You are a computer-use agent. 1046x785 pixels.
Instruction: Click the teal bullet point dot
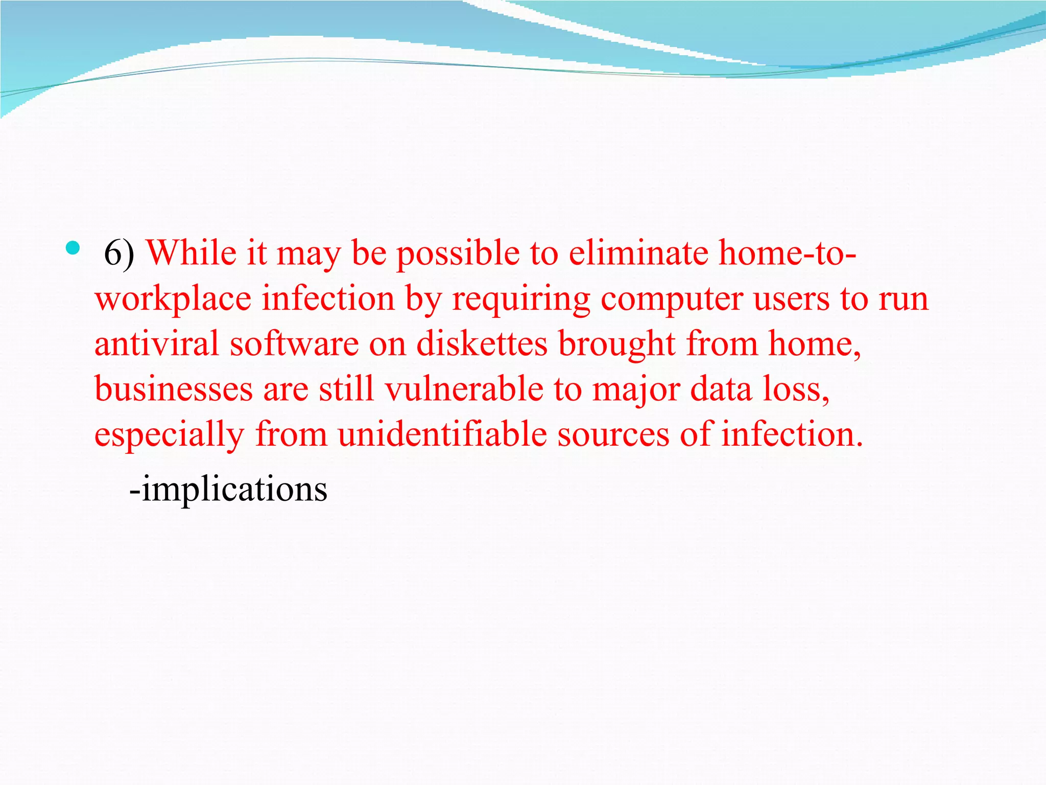click(73, 248)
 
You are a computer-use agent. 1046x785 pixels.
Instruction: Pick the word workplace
click(173, 299)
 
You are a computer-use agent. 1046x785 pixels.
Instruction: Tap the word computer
click(672, 299)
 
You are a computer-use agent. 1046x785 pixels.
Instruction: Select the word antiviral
click(156, 343)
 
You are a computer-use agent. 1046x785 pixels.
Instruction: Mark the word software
click(294, 343)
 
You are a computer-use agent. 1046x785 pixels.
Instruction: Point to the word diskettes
click(482, 343)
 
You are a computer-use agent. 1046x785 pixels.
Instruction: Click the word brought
click(617, 344)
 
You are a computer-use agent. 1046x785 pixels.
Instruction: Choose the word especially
click(169, 434)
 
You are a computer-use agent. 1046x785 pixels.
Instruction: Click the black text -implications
click(228, 489)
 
